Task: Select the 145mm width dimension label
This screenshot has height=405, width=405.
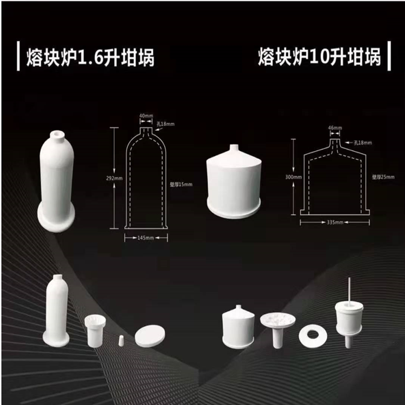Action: click(x=143, y=238)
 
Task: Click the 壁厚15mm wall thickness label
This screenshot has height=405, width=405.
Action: click(x=180, y=184)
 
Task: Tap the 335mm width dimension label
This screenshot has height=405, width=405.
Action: click(x=335, y=222)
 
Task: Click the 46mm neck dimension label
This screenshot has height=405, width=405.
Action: click(x=335, y=128)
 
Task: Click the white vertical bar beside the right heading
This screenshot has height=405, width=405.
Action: click(x=390, y=56)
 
